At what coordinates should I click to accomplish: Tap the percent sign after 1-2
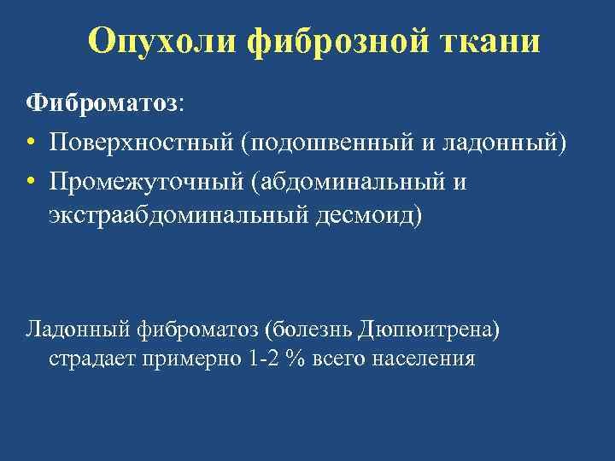click(296, 359)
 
